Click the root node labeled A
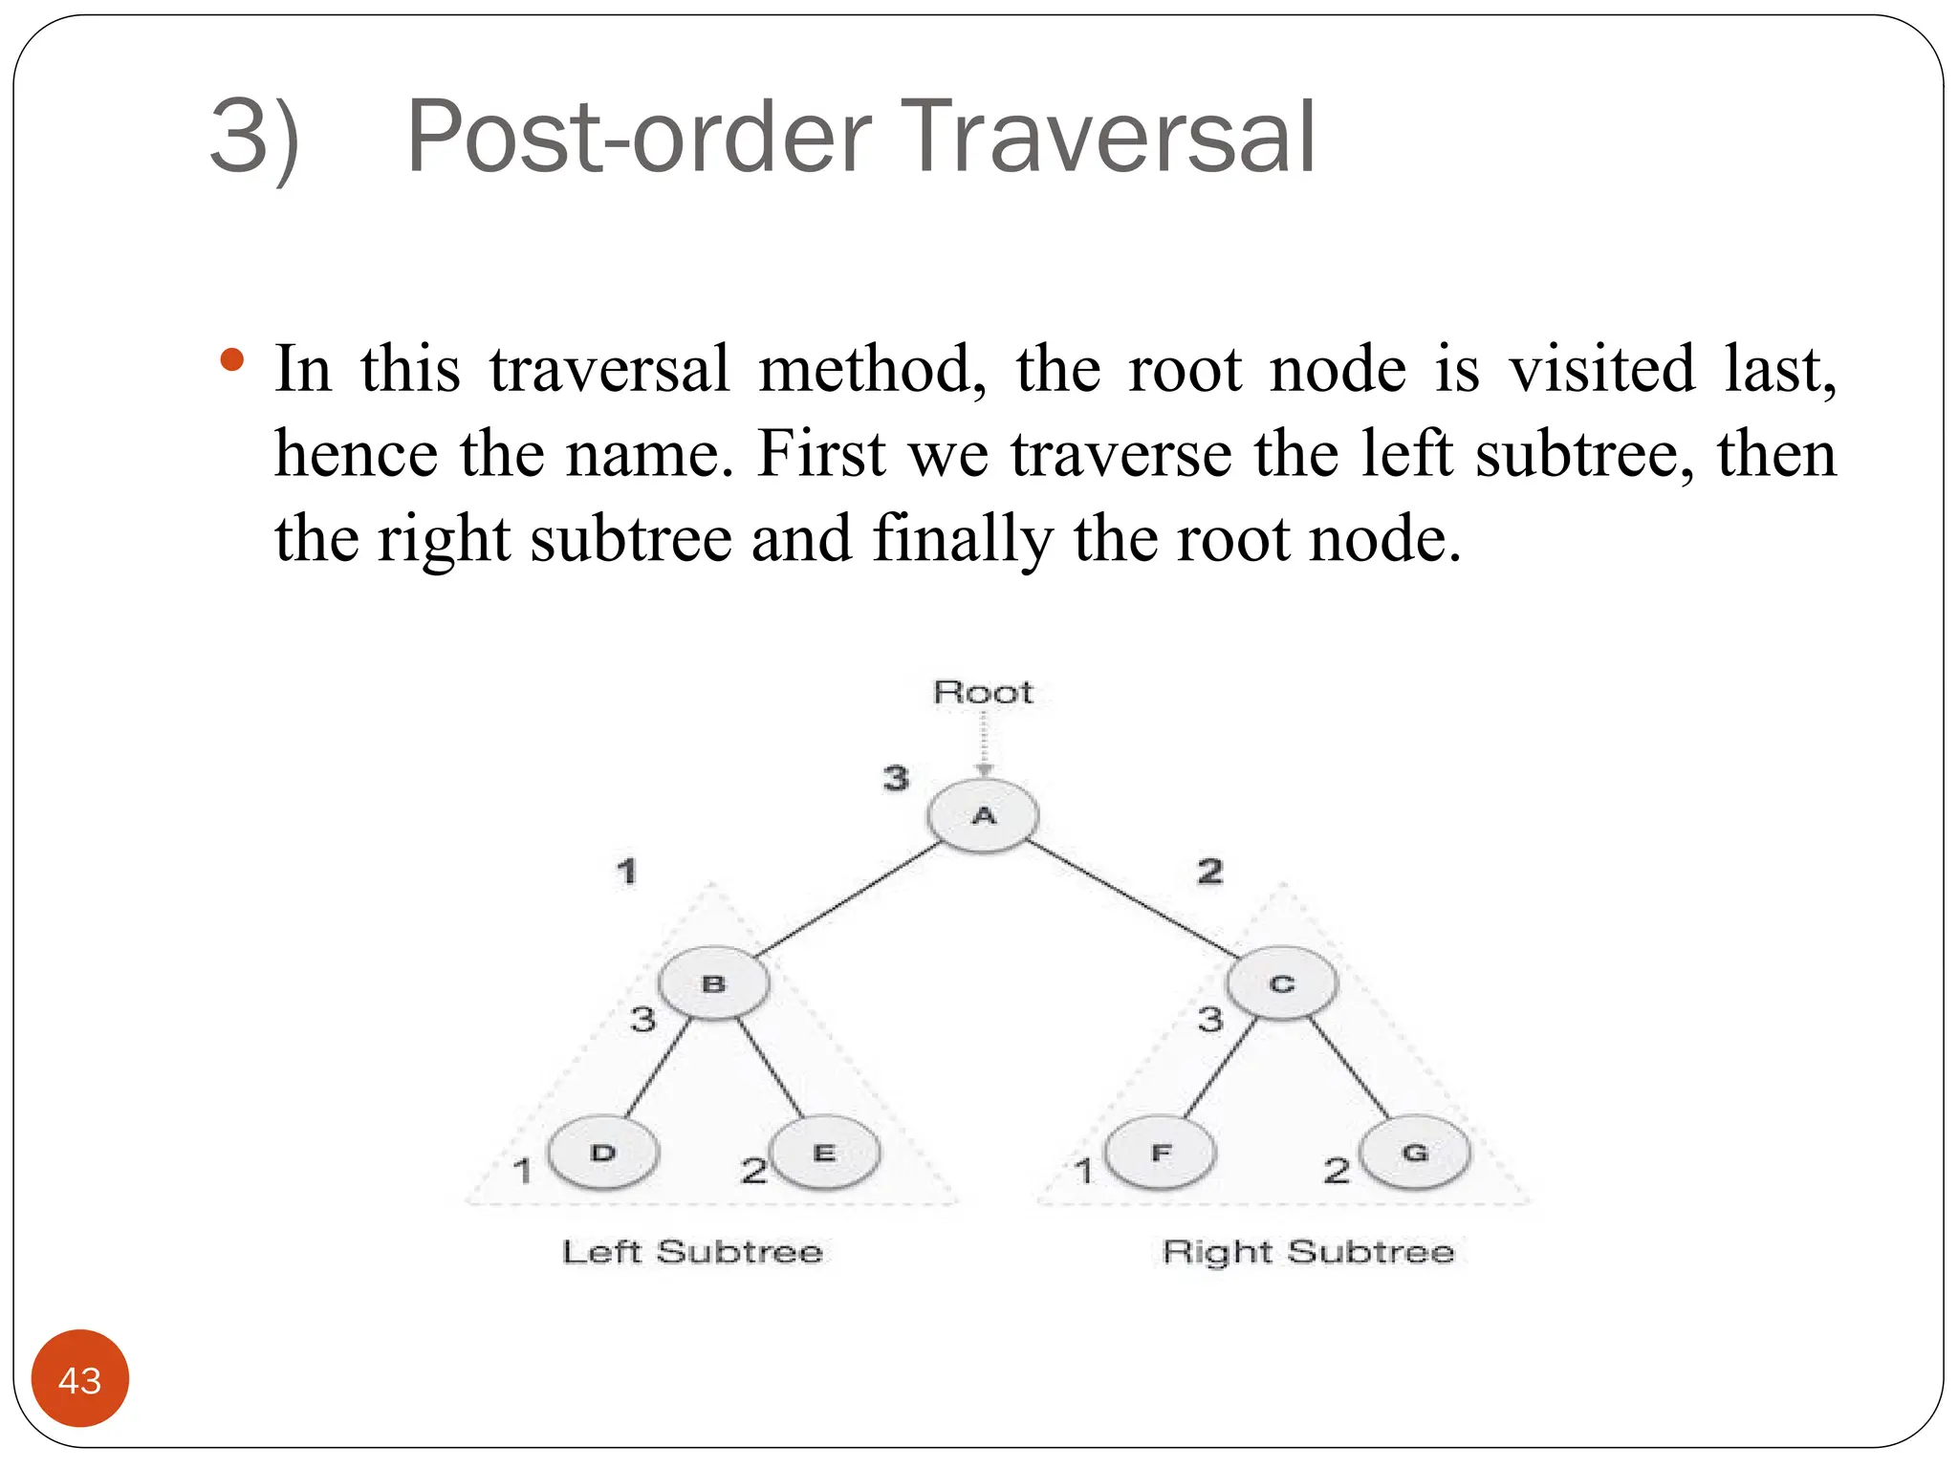tap(983, 815)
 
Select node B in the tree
tap(713, 983)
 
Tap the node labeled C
tap(1281, 983)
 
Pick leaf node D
tap(602, 1153)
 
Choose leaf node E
tap(824, 1153)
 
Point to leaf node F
tap(1161, 1153)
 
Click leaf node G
tap(1415, 1153)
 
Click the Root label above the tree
tap(983, 692)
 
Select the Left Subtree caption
tap(692, 1251)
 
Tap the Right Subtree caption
tap(1308, 1251)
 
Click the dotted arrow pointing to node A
tap(984, 745)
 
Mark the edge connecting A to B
tap(847, 899)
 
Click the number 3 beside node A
tap(896, 778)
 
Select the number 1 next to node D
tap(522, 1170)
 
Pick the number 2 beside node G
tap(1337, 1170)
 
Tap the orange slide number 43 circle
tap(80, 1379)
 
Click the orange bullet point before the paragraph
tap(231, 360)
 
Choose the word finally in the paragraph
tap(962, 538)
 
